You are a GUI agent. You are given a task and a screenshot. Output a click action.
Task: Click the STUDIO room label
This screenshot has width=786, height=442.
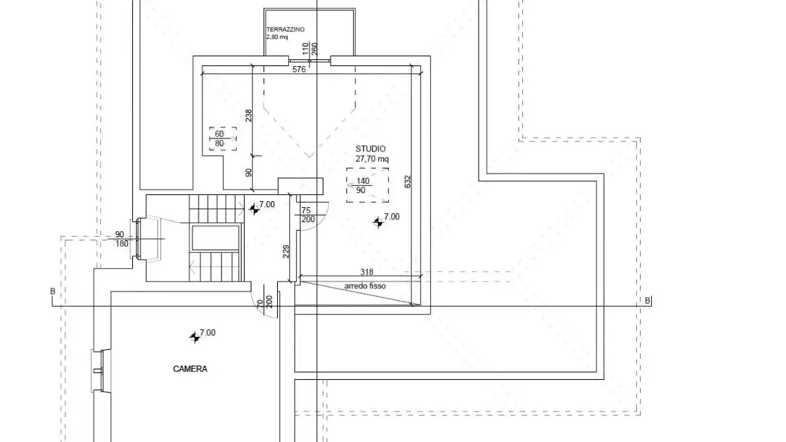[x=371, y=149]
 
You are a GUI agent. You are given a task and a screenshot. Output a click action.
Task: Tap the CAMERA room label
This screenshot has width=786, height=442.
[x=190, y=369]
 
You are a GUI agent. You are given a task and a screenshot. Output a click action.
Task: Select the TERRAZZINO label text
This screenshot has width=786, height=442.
[x=286, y=30]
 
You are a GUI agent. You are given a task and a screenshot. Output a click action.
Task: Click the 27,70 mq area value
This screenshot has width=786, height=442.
[x=372, y=159]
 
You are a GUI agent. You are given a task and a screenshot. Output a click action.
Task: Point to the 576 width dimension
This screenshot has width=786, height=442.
[x=299, y=70]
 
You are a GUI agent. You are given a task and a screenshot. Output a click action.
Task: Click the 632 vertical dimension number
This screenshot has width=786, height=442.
[x=407, y=181]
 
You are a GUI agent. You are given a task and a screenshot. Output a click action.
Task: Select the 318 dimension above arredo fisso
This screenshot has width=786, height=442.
[x=366, y=272]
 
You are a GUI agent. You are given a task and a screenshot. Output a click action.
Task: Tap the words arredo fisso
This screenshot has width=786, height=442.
[x=365, y=285]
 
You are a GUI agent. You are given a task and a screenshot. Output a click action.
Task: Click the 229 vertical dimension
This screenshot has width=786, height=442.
[x=286, y=251]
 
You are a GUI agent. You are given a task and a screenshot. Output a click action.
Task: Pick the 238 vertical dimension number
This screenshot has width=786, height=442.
[x=249, y=116]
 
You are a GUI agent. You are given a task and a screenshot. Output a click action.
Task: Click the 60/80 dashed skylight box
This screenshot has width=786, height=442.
[x=223, y=139]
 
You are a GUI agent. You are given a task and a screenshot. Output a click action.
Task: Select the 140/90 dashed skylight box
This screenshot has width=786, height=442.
[x=368, y=186]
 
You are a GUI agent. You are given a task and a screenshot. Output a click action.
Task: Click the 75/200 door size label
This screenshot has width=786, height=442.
[x=307, y=215]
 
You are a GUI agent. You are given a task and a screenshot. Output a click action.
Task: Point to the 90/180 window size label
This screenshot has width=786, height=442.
[x=121, y=239]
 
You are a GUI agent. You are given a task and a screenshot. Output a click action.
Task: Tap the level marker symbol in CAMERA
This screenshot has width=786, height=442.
[x=194, y=338]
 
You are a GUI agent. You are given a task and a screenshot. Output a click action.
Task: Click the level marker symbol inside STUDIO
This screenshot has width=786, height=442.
[x=378, y=222]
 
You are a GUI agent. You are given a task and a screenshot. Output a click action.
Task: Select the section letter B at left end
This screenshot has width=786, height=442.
[x=53, y=291]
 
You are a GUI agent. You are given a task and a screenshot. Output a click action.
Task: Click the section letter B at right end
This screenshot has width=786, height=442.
[x=648, y=301]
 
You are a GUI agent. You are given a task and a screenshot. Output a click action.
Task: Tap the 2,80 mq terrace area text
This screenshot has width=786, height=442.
[x=277, y=37]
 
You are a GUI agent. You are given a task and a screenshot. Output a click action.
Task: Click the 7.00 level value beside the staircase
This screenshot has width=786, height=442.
[x=266, y=204]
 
